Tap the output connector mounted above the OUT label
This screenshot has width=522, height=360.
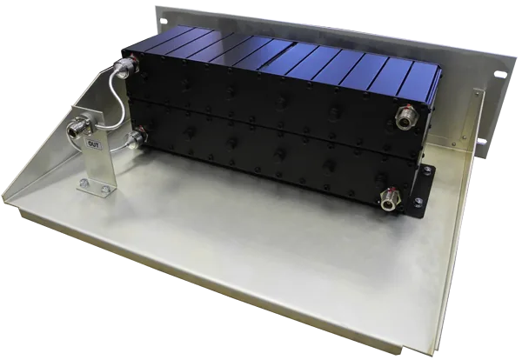77,128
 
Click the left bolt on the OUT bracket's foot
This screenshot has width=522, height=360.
84,183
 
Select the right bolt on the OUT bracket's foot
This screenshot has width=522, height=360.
106,189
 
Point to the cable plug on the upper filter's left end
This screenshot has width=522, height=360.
126,69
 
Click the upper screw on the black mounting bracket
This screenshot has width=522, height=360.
426,170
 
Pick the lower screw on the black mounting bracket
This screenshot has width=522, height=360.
418,201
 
